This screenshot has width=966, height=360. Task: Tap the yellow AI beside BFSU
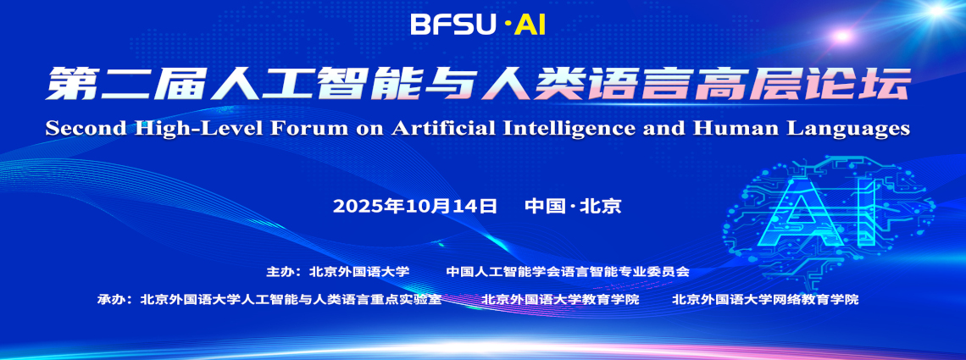pos(530,25)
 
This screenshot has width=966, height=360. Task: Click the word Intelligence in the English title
pos(589,129)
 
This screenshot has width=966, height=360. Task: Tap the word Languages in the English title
pos(851,129)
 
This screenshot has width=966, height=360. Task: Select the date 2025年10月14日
pos(414,206)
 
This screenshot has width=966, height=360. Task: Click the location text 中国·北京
pos(573,206)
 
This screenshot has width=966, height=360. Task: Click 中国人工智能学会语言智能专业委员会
pos(568,272)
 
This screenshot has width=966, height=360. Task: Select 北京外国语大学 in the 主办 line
pos(359,272)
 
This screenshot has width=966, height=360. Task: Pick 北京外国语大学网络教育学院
pos(764,299)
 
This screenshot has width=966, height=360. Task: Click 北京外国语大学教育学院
pos(560,299)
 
